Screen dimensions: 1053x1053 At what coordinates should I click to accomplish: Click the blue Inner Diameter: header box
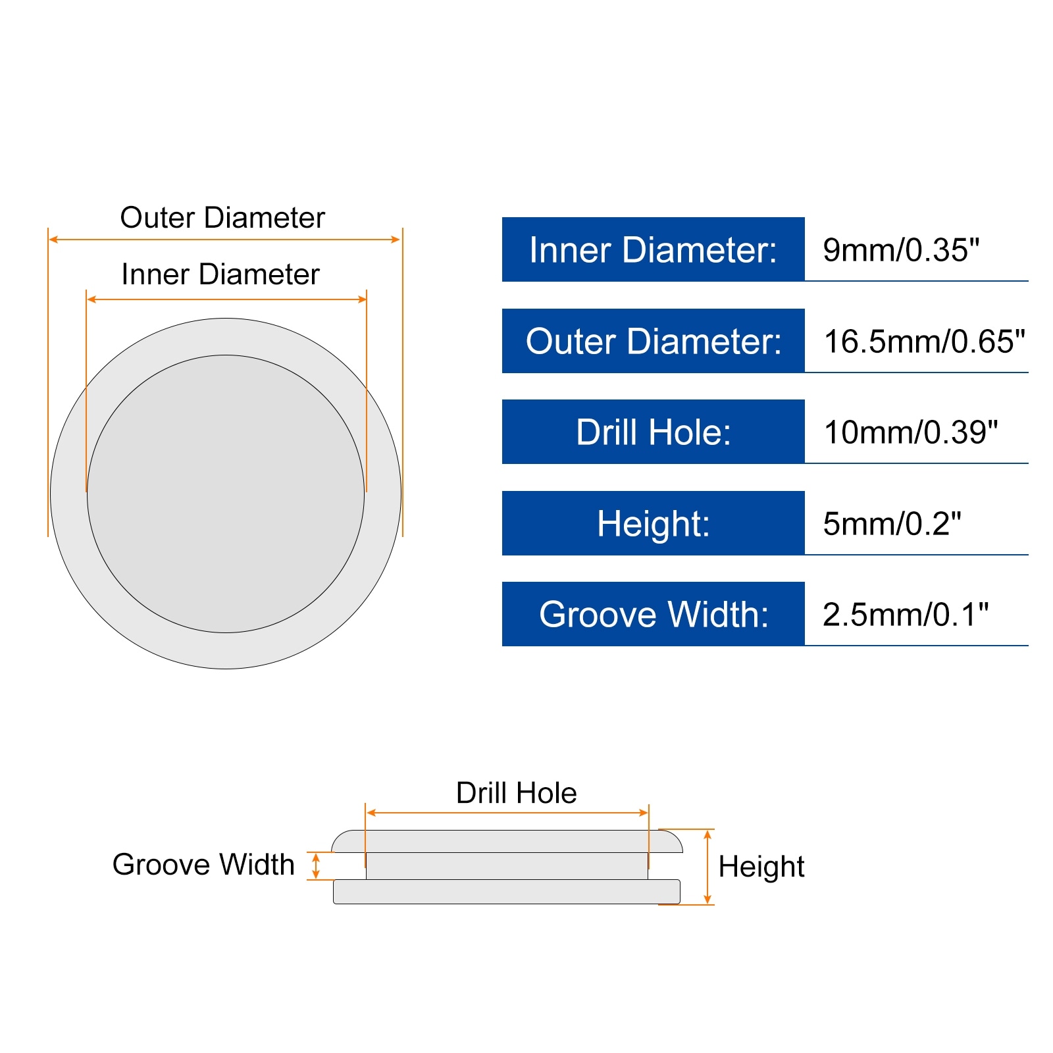click(653, 249)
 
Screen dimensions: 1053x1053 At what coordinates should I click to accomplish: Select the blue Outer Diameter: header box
click(653, 341)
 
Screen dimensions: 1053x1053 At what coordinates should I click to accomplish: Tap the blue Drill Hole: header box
click(653, 432)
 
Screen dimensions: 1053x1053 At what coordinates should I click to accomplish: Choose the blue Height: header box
click(653, 523)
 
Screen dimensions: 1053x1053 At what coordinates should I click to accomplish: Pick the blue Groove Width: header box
click(653, 614)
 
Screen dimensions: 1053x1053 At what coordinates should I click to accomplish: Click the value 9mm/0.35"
click(901, 250)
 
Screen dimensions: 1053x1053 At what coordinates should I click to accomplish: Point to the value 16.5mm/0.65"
click(924, 342)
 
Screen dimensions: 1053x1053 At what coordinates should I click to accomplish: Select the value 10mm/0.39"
click(911, 432)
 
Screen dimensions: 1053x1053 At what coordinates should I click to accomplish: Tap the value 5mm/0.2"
click(892, 524)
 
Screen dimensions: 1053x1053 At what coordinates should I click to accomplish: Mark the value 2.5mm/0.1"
click(906, 615)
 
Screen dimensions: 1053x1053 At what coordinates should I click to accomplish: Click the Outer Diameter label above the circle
click(222, 218)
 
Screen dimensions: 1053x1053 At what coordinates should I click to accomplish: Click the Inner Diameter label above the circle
click(220, 274)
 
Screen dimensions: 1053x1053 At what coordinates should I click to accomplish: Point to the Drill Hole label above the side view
click(516, 793)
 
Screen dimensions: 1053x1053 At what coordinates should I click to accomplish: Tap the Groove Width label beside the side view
click(203, 865)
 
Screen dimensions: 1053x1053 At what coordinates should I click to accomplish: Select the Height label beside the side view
click(761, 867)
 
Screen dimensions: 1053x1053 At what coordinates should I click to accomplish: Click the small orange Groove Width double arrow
click(316, 866)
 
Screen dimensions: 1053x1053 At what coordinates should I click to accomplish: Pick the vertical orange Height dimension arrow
click(707, 867)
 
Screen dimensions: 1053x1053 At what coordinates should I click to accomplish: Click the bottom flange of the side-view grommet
click(506, 892)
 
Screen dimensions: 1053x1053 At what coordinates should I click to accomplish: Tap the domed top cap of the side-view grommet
click(506, 841)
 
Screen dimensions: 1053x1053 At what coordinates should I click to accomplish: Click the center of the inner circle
click(226, 494)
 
